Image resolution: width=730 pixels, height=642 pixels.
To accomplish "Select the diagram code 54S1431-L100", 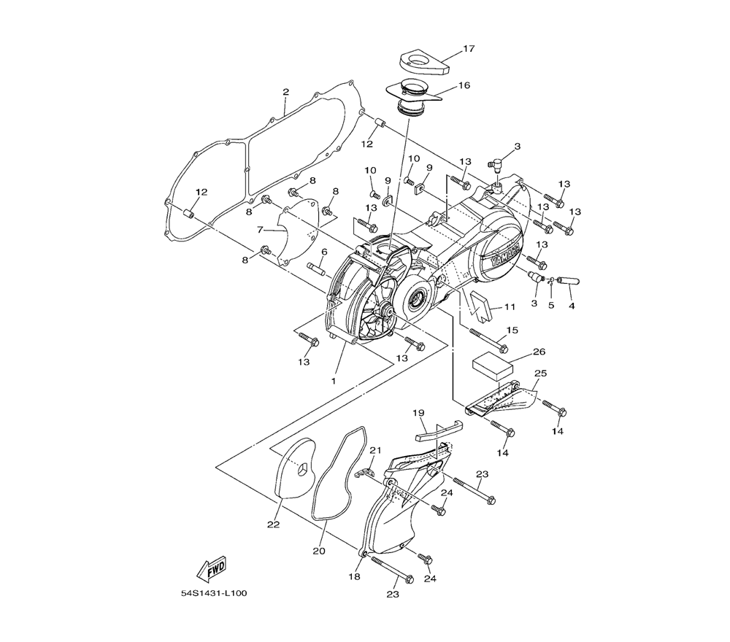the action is (x=214, y=594).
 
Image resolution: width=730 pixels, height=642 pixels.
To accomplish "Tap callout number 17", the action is (x=469, y=48).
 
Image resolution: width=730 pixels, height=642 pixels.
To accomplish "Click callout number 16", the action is (x=464, y=85).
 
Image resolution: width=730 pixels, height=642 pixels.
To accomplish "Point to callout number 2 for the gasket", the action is (x=285, y=92).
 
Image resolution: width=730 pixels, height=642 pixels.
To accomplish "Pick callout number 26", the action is (x=539, y=352).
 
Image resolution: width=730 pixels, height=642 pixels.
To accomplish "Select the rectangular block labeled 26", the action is (x=493, y=366).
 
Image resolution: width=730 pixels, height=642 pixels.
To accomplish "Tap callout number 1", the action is (x=334, y=381).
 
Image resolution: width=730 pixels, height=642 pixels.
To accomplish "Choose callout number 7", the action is (x=261, y=229).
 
